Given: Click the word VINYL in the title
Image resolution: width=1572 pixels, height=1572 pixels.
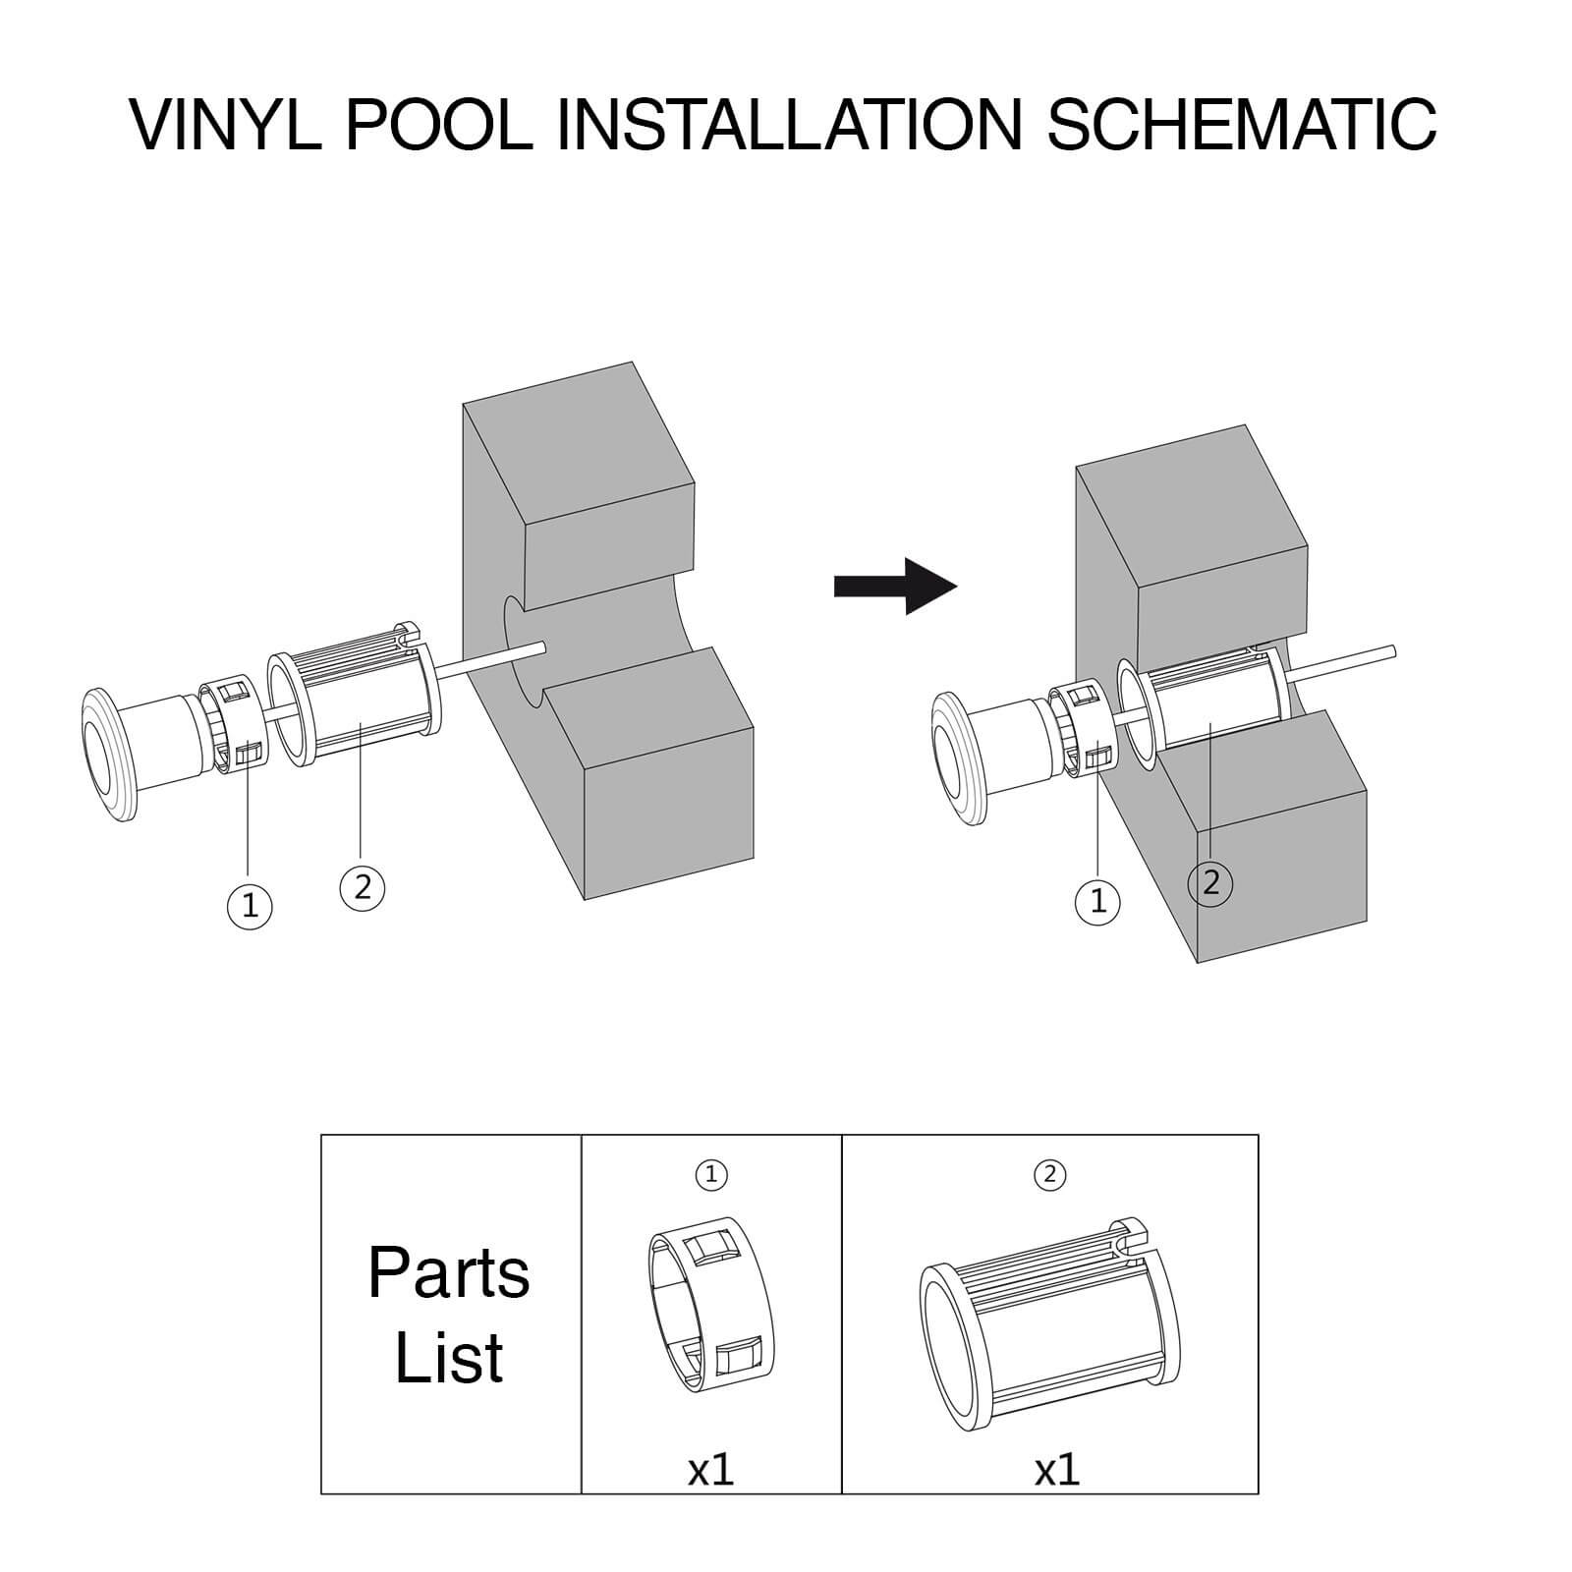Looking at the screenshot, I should point(228,125).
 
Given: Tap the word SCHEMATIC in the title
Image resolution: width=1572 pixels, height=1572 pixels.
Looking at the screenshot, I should point(1242,125).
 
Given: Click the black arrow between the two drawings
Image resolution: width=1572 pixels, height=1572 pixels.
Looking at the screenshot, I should point(894,587).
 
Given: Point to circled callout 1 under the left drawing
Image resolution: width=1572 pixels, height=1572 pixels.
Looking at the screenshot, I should point(250,905).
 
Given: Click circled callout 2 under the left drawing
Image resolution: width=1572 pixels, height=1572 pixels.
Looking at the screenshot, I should point(362,887).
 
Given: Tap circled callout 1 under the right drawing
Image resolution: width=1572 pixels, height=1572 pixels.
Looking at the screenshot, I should point(1097,899).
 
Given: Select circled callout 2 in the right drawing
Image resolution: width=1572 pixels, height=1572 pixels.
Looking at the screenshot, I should point(1209,882).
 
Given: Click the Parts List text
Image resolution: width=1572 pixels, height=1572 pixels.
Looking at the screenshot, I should point(449,1315).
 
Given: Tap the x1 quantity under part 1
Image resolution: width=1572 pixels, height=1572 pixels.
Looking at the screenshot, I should point(710,1470).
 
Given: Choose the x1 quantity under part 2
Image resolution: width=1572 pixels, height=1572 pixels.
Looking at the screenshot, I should point(1056,1470).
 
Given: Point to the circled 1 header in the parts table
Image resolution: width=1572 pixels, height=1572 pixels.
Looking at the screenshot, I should point(711,1174).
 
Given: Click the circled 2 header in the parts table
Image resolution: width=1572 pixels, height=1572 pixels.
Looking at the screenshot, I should point(1049,1174).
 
